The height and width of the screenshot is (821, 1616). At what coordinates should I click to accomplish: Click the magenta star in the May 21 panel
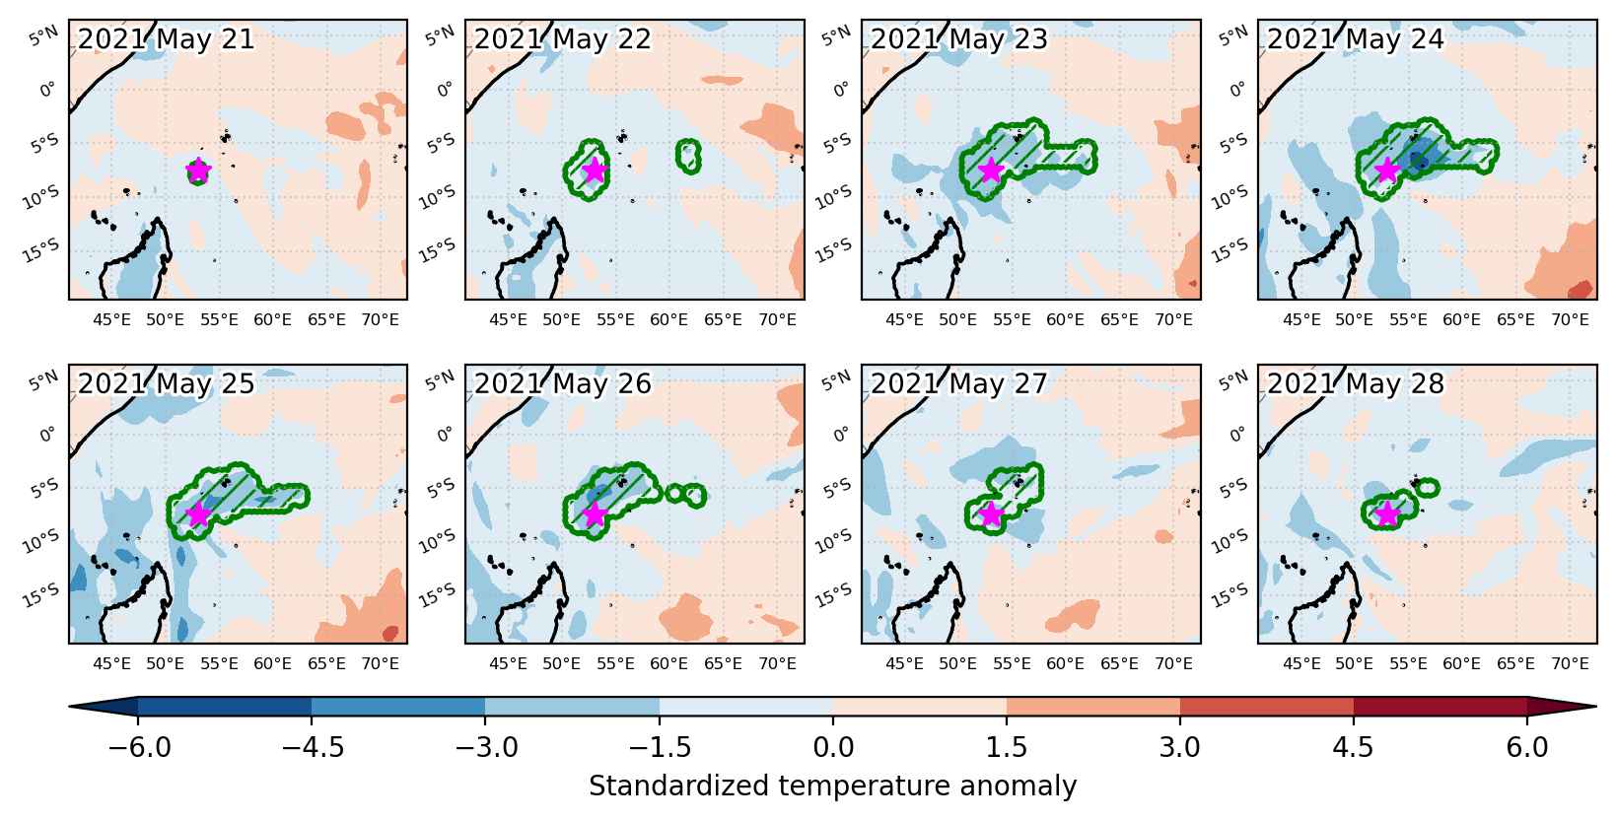(x=197, y=171)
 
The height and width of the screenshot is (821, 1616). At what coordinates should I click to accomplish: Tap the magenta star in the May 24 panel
(x=1386, y=171)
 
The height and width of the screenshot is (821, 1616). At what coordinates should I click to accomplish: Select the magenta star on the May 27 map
(x=991, y=514)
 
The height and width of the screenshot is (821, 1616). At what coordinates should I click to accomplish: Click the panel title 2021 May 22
(x=563, y=39)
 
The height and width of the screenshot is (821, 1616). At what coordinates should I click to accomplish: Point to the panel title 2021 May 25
(x=166, y=383)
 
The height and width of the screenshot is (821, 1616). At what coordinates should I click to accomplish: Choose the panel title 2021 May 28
(x=1356, y=383)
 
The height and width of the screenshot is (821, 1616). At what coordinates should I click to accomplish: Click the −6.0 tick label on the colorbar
(x=139, y=747)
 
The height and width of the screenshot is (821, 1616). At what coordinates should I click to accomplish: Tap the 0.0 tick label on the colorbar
(x=833, y=747)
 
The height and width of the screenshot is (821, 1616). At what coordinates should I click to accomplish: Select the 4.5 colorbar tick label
(x=1353, y=747)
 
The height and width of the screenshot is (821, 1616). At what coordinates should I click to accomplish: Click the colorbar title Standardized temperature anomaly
(x=832, y=786)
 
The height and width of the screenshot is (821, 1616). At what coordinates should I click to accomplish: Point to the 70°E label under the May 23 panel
(x=1173, y=319)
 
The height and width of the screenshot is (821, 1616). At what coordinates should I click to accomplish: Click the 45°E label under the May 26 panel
(x=508, y=663)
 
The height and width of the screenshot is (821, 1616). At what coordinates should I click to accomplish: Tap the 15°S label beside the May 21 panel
(x=41, y=250)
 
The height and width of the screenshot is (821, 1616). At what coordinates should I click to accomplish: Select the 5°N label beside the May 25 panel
(x=43, y=379)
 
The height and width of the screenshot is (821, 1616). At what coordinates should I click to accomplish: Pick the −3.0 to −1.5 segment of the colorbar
(x=572, y=707)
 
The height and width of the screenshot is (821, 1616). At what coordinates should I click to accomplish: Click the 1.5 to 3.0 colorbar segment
(x=1093, y=707)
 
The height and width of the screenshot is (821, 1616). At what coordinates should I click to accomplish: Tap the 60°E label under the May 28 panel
(x=1461, y=663)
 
